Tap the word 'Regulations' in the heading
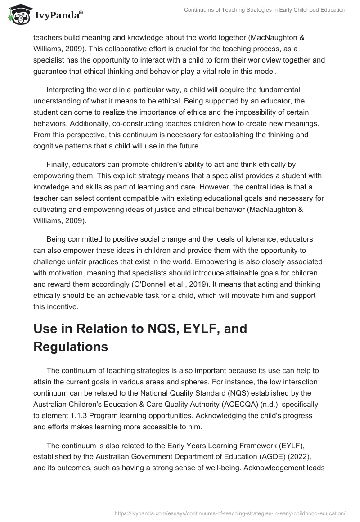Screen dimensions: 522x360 [71, 346]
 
